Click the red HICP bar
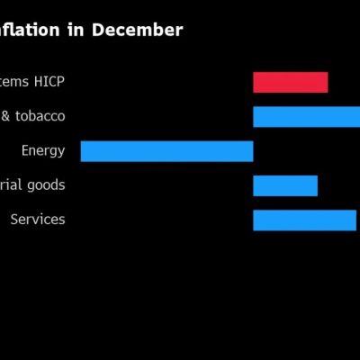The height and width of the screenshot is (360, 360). [x=290, y=82]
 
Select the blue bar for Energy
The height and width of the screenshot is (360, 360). [x=166, y=151]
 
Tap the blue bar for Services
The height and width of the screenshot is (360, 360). [x=304, y=220]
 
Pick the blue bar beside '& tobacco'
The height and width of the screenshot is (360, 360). [x=306, y=117]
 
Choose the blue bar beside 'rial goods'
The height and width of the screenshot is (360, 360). [x=285, y=185]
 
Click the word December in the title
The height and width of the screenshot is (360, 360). [x=139, y=31]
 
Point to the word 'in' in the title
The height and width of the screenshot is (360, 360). [x=78, y=31]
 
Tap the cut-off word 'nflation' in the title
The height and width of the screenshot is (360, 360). [x=31, y=31]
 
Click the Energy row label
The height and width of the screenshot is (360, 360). [x=43, y=151]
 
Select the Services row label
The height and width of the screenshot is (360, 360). [x=38, y=220]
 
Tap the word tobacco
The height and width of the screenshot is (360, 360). [x=40, y=117]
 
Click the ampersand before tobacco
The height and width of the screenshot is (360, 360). [x=5, y=117]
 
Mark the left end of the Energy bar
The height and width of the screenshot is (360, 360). [x=82, y=151]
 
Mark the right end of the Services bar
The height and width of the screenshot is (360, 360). [x=355, y=220]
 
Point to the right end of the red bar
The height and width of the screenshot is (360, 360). [x=327, y=82]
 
